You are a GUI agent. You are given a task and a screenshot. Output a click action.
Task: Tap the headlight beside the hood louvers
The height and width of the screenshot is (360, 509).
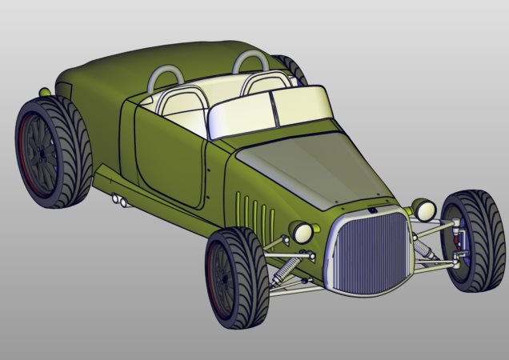click(x=303, y=232)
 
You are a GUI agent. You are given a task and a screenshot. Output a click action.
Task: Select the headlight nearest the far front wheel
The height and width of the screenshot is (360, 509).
click(x=424, y=210)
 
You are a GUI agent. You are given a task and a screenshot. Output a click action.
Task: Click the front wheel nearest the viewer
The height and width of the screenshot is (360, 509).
click(x=237, y=280)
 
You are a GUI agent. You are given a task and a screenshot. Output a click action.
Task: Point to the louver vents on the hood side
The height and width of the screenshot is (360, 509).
click(x=254, y=212)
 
